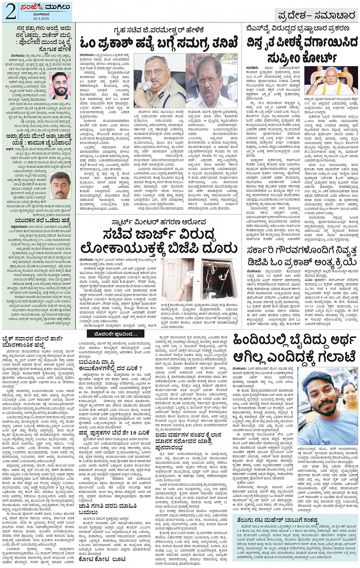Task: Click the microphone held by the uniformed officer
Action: tap(147, 86)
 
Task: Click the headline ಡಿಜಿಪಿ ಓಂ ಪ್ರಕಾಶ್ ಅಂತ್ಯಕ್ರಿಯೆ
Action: tap(301, 262)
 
